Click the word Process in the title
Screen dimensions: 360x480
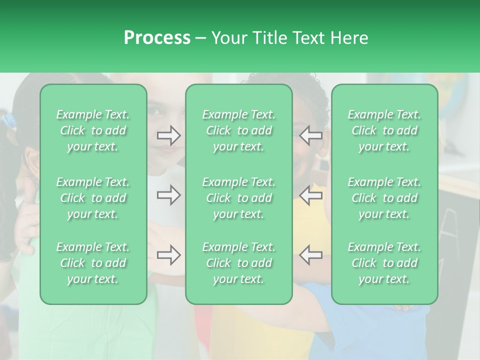(x=157, y=38)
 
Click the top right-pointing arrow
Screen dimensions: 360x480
(x=168, y=135)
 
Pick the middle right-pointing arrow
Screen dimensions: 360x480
(x=168, y=195)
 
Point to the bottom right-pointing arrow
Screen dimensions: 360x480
(x=168, y=255)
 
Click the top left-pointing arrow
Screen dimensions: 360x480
(x=311, y=135)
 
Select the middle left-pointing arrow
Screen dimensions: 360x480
(x=311, y=195)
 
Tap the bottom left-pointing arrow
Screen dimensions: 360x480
(x=311, y=255)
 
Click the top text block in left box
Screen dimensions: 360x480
(x=93, y=130)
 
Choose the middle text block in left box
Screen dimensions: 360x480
(x=93, y=198)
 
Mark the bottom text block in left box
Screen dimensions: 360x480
(x=93, y=263)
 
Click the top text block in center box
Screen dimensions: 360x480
(x=239, y=130)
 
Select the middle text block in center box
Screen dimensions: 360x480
(x=239, y=198)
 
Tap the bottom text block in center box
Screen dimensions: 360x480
(x=239, y=263)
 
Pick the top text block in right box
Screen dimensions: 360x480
(x=384, y=130)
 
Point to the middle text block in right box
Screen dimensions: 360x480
(x=384, y=198)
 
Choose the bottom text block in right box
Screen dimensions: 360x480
(x=384, y=263)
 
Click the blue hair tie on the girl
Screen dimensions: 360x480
(x=8, y=119)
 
